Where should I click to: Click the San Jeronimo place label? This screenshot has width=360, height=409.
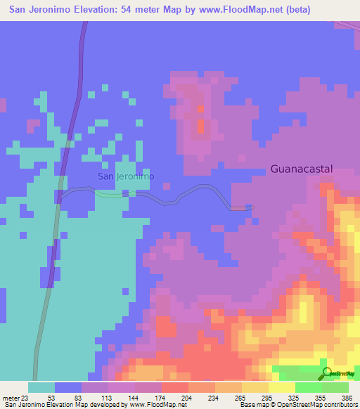click(126, 176)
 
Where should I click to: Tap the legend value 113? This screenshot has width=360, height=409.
click(105, 397)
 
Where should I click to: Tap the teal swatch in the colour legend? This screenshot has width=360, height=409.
click(41, 387)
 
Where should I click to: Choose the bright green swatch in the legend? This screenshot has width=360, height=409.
click(308, 387)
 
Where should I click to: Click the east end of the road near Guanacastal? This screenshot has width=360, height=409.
click(251, 207)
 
